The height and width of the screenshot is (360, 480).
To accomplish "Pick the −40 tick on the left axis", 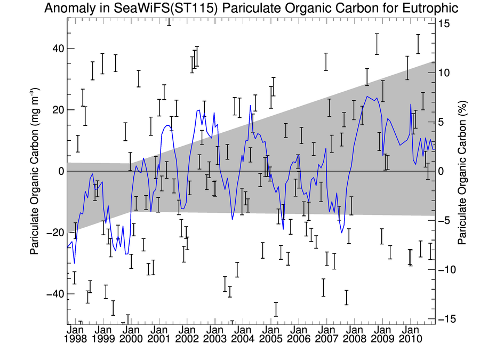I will pos(55,294).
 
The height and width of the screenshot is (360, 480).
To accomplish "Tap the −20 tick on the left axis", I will pos(55,233).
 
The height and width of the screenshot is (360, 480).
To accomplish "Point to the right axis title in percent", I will pos(464,171).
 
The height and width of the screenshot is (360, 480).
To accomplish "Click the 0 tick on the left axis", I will pos(61,171).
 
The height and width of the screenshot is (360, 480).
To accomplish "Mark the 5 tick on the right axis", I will pos(442,122).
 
